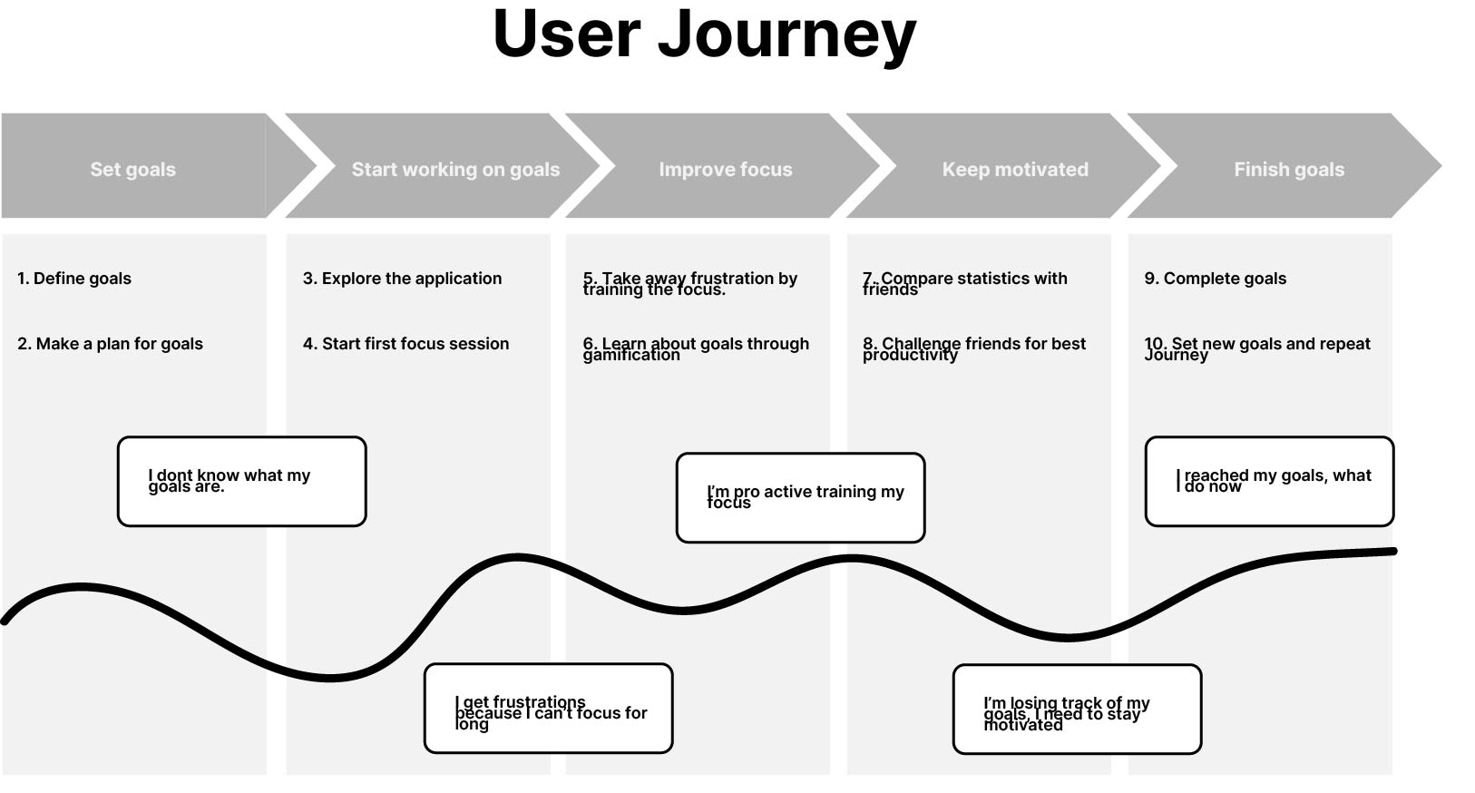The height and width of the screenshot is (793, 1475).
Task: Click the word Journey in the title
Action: [786, 36]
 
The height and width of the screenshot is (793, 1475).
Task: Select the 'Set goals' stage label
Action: [132, 170]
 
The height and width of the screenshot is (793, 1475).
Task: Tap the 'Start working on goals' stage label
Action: [455, 170]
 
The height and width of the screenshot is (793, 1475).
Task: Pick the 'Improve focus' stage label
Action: [725, 170]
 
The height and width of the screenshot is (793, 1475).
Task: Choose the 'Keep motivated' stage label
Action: [1014, 170]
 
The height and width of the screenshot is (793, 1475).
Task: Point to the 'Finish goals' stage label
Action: [1288, 170]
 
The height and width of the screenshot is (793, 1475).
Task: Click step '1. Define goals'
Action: [74, 279]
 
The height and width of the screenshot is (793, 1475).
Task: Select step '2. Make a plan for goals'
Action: [110, 344]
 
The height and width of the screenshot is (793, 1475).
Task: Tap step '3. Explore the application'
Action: [402, 279]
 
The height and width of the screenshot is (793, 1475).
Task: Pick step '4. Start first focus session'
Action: [405, 344]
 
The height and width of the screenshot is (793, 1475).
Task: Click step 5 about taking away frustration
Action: [689, 283]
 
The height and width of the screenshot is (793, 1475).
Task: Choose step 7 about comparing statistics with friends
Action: [964, 283]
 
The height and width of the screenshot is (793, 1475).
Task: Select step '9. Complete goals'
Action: [1215, 279]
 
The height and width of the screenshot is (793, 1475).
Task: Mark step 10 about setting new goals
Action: [1256, 348]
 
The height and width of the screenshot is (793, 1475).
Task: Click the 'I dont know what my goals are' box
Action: [241, 481]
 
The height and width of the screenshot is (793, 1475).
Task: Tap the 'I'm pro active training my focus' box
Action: [800, 497]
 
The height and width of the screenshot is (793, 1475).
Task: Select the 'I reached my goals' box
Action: [1268, 481]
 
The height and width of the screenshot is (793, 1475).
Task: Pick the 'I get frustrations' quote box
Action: [548, 709]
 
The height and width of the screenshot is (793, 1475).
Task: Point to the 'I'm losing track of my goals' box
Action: [1077, 709]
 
